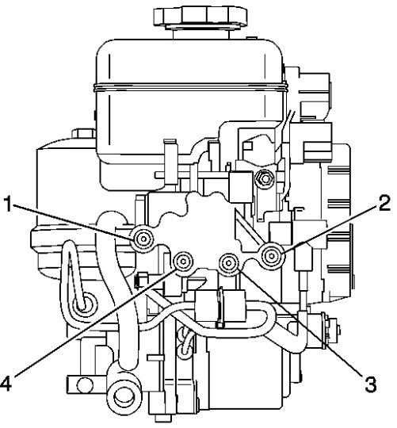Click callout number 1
click(9, 204)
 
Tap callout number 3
click(371, 384)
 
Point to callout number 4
click(6, 384)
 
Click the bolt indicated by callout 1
click(143, 239)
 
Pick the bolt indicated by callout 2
click(272, 256)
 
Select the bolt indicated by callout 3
click(229, 264)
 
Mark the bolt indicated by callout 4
click(183, 262)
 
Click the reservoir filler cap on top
click(200, 17)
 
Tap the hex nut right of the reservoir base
click(263, 179)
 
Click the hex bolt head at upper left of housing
click(84, 134)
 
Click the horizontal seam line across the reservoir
click(191, 87)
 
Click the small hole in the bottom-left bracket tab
click(82, 385)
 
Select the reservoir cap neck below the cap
click(200, 33)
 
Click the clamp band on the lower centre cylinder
click(220, 306)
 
